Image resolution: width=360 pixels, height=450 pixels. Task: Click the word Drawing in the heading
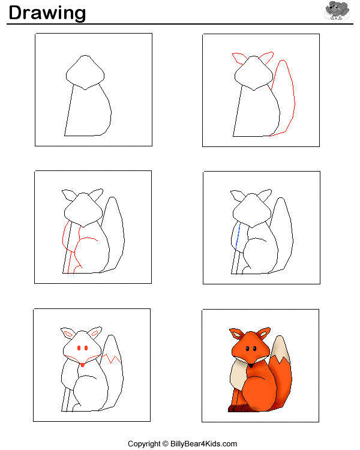pyautogui.click(x=47, y=13)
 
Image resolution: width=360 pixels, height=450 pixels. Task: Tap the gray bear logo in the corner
pyautogui.click(x=337, y=11)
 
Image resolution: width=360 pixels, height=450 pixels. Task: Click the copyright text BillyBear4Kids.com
pyautogui.click(x=203, y=443)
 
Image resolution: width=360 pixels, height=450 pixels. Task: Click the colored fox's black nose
pyautogui.click(x=251, y=365)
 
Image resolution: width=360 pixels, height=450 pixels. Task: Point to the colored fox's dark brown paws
pyautogui.click(x=239, y=408)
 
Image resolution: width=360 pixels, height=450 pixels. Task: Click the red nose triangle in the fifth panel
pyautogui.click(x=82, y=365)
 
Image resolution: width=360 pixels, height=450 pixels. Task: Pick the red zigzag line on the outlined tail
pyautogui.click(x=111, y=359)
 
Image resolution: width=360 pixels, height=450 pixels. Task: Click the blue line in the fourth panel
pyautogui.click(x=238, y=235)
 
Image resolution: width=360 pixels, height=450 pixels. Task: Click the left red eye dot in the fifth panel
pyautogui.click(x=79, y=348)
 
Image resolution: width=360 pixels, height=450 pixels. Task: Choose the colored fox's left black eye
pyautogui.click(x=247, y=349)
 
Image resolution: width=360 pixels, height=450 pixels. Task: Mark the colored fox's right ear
pyautogui.click(x=263, y=333)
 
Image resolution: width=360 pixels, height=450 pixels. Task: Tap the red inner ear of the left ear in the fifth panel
pyautogui.click(x=68, y=334)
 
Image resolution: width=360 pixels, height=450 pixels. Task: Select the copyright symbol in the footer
pyautogui.click(x=166, y=443)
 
